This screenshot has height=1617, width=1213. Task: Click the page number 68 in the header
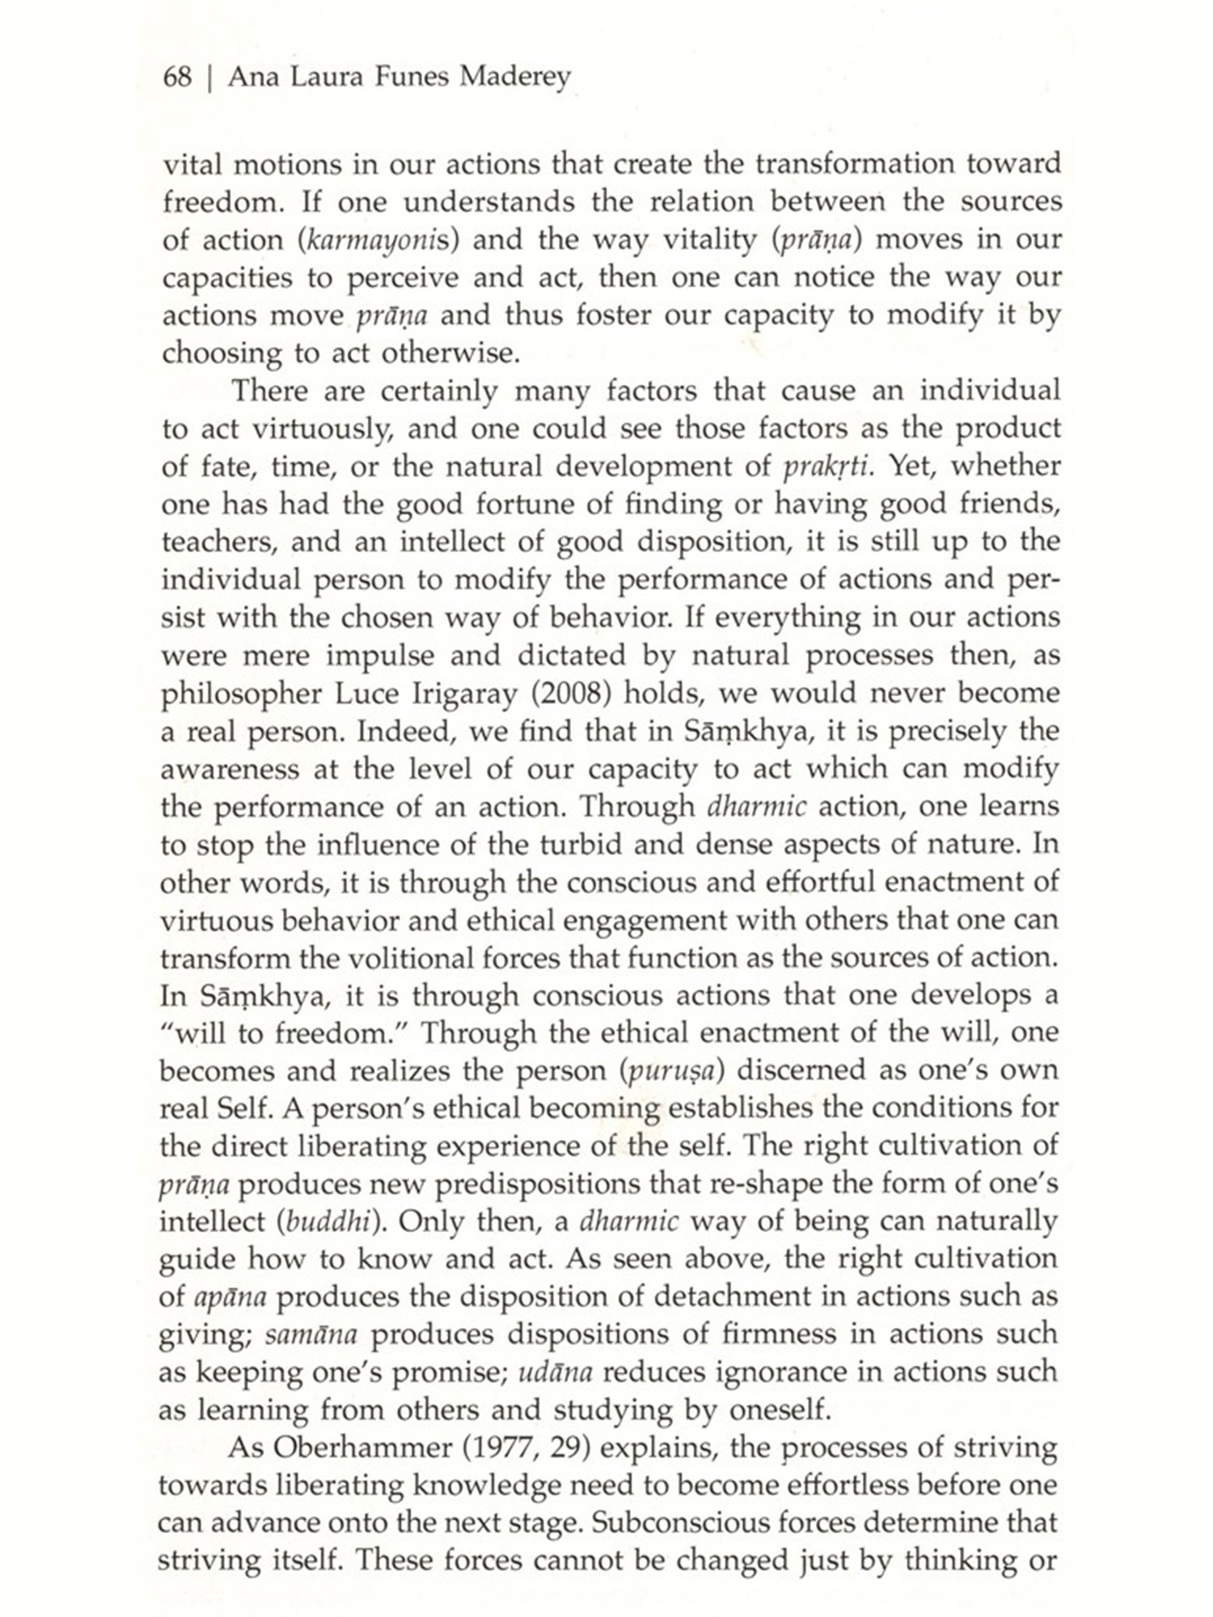(176, 78)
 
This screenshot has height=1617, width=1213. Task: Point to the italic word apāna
(230, 1297)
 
